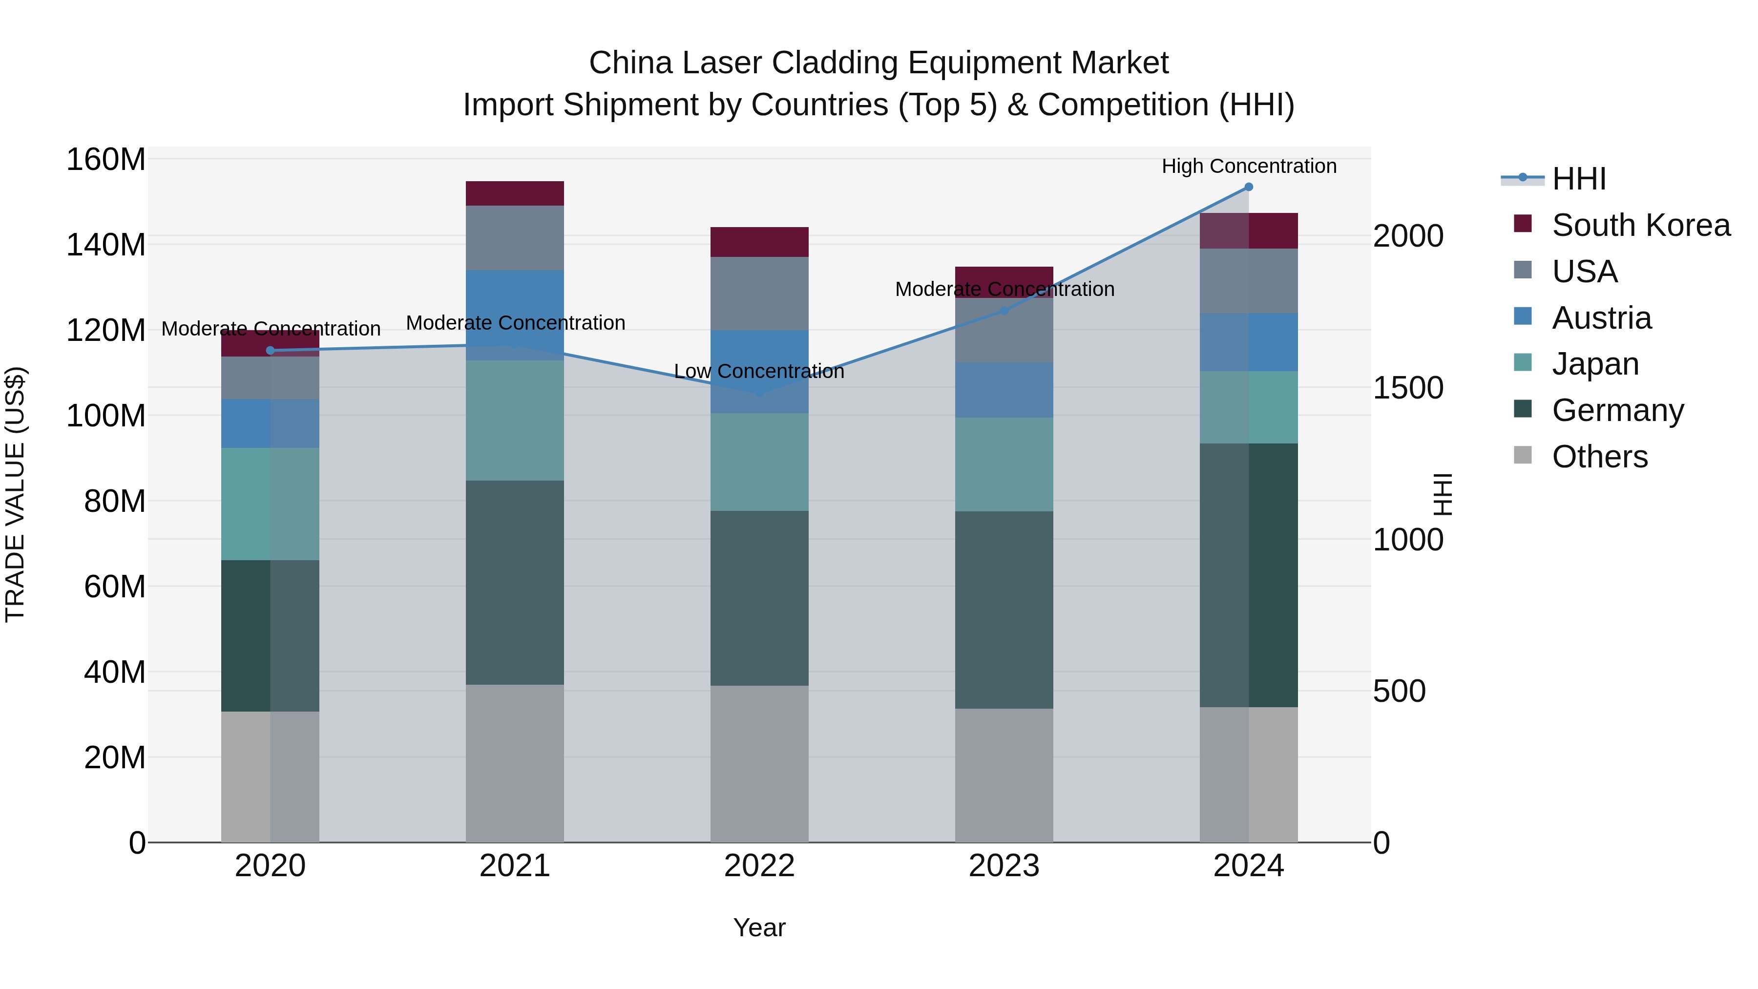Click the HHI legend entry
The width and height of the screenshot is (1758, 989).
(x=1578, y=179)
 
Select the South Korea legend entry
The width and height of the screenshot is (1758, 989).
(x=1640, y=225)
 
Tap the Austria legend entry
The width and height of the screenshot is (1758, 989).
(x=1601, y=318)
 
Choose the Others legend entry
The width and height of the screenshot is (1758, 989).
(x=1599, y=457)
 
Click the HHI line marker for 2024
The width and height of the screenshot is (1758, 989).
(x=1248, y=187)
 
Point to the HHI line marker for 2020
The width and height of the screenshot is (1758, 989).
(x=270, y=351)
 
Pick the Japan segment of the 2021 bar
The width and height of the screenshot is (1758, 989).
(x=515, y=421)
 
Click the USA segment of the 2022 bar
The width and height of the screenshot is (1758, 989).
(x=759, y=294)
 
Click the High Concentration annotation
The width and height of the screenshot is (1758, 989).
(x=1248, y=167)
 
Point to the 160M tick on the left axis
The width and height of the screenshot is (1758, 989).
(x=106, y=160)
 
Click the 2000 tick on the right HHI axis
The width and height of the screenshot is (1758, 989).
(x=1408, y=236)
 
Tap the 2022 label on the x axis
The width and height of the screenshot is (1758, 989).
(x=759, y=866)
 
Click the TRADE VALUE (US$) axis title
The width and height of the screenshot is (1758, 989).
(x=15, y=494)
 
